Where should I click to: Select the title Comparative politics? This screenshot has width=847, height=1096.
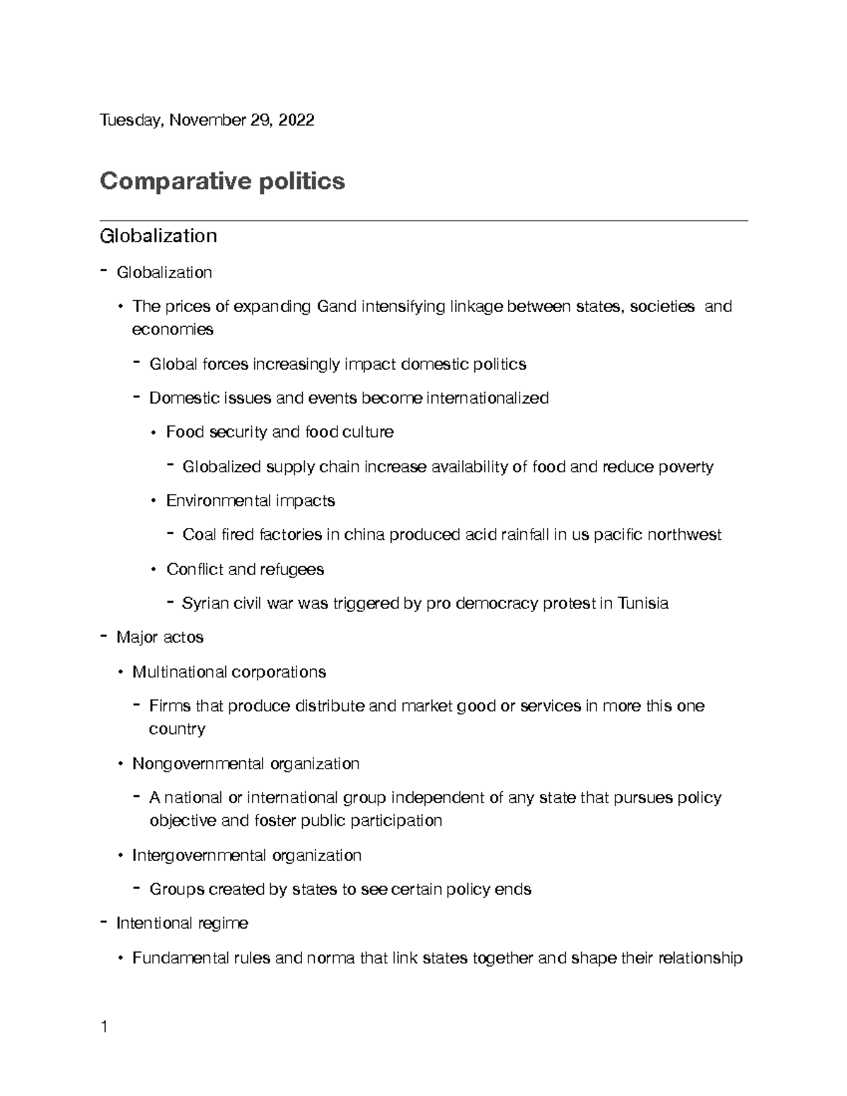click(222, 181)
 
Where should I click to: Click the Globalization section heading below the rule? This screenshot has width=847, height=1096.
click(158, 236)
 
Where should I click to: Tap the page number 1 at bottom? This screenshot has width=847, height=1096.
click(104, 1027)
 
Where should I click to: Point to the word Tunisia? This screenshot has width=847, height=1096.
click(642, 603)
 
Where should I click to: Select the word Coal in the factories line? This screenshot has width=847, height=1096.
click(199, 535)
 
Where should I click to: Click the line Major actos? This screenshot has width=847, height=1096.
click(160, 637)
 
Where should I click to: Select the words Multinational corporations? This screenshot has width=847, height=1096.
click(229, 672)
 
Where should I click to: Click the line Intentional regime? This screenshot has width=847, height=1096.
click(182, 923)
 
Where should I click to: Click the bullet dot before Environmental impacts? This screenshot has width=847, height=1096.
click(154, 501)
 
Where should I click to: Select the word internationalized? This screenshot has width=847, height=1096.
click(488, 398)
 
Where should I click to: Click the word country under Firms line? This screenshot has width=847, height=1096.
click(176, 729)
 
